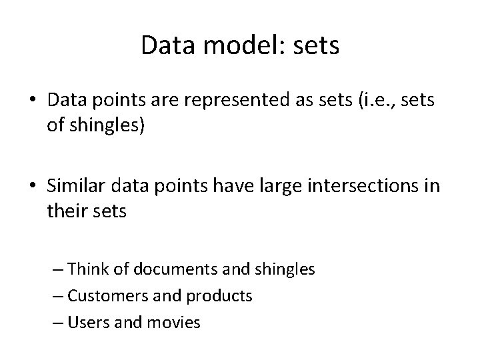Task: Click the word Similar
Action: (79, 185)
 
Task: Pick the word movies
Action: (175, 323)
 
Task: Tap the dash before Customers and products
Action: (58, 296)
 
